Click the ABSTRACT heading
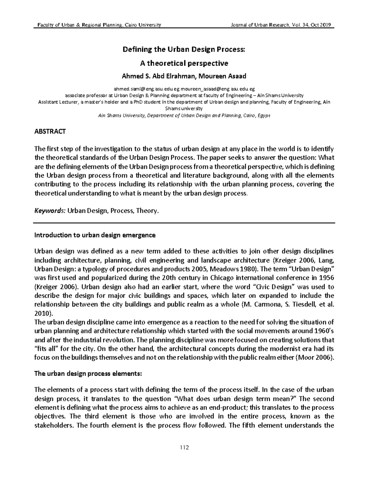pos(50,132)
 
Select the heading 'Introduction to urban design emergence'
pos(95,235)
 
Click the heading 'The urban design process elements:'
pos(88,373)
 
